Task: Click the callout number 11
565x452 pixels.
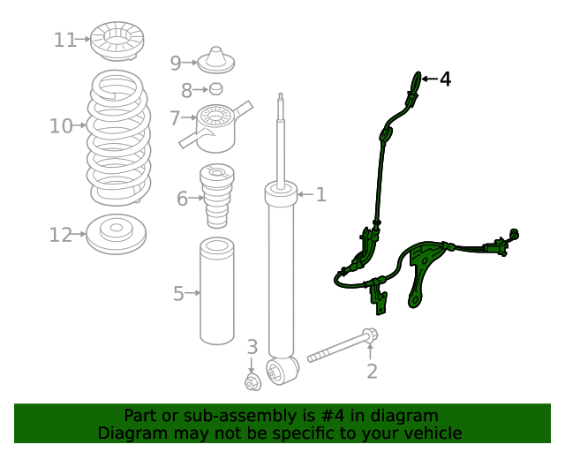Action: click(x=65, y=40)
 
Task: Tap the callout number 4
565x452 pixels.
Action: click(x=446, y=79)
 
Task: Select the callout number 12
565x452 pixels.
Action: click(x=61, y=235)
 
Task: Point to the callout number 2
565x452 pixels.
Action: click(x=372, y=371)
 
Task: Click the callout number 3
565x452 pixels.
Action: click(x=252, y=347)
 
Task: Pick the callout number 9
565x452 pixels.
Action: click(x=176, y=63)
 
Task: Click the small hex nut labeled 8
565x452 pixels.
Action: click(x=215, y=88)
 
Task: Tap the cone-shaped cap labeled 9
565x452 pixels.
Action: click(x=216, y=61)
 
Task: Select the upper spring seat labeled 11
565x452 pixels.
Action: click(x=117, y=41)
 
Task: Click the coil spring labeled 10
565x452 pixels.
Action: click(x=118, y=137)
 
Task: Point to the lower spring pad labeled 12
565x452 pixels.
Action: click(x=116, y=234)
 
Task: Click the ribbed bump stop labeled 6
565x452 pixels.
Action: click(x=217, y=196)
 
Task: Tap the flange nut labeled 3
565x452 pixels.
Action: click(x=252, y=382)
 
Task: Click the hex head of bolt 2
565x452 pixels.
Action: click(x=370, y=335)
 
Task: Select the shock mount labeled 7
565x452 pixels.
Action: click(x=215, y=127)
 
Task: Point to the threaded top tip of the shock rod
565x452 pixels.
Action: click(x=281, y=95)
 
